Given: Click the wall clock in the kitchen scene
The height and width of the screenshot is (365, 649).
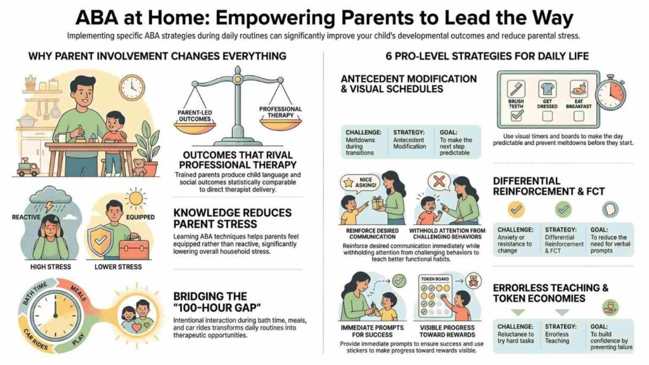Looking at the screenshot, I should tap(131, 87).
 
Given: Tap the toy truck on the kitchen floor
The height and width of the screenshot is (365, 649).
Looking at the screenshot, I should tap(27, 168).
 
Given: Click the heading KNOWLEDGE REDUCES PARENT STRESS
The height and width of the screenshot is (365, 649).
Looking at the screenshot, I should tap(232, 217).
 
